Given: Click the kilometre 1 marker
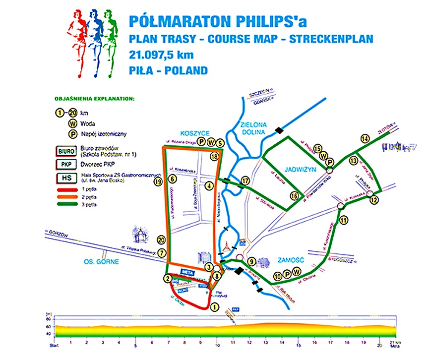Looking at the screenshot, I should (x=214, y=307).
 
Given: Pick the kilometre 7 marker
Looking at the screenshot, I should (x=162, y=252).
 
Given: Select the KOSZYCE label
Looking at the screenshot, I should (x=195, y=133).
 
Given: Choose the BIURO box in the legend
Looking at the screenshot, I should (x=65, y=148).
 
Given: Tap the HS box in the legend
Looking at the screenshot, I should (x=65, y=179).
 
